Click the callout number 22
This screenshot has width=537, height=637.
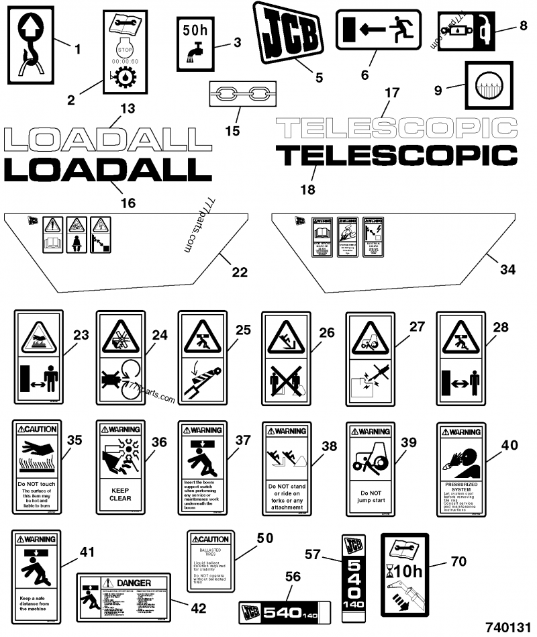pyautogui.click(x=240, y=273)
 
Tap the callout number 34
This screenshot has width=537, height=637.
pyautogui.click(x=508, y=270)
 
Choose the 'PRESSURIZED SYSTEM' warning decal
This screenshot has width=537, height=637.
pyautogui.click(x=460, y=468)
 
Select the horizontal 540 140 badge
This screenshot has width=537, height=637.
pyautogui.click(x=285, y=613)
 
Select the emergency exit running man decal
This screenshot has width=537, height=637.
pyautogui.click(x=378, y=29)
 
